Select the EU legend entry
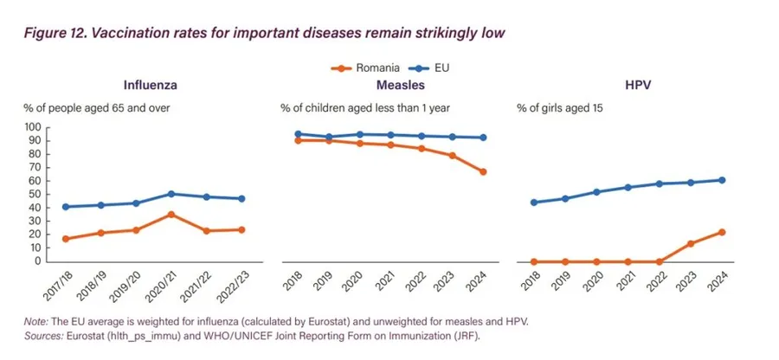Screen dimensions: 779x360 [x=428, y=68]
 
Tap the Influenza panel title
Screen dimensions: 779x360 [x=150, y=85]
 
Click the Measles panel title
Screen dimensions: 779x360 [x=401, y=85]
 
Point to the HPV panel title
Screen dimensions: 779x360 [x=639, y=85]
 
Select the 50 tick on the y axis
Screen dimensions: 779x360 [x=34, y=194]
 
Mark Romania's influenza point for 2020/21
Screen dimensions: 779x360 [x=171, y=215]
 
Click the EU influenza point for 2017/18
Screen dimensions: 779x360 [x=66, y=207]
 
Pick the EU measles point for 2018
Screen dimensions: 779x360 [x=298, y=134]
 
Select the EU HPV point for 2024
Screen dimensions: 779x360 [x=722, y=180]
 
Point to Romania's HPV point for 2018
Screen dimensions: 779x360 [x=534, y=261]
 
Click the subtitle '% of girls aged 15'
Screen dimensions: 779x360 [x=559, y=108]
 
